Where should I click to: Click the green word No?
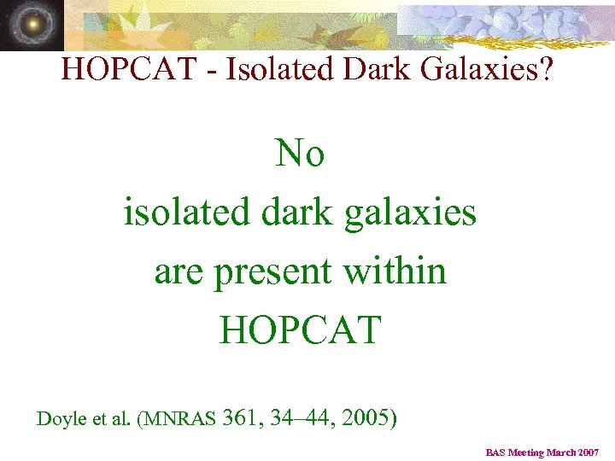[x=300, y=155]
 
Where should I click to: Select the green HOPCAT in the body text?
[x=300, y=329]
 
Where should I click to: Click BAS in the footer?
[x=496, y=452]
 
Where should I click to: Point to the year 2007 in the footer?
[x=588, y=452]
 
